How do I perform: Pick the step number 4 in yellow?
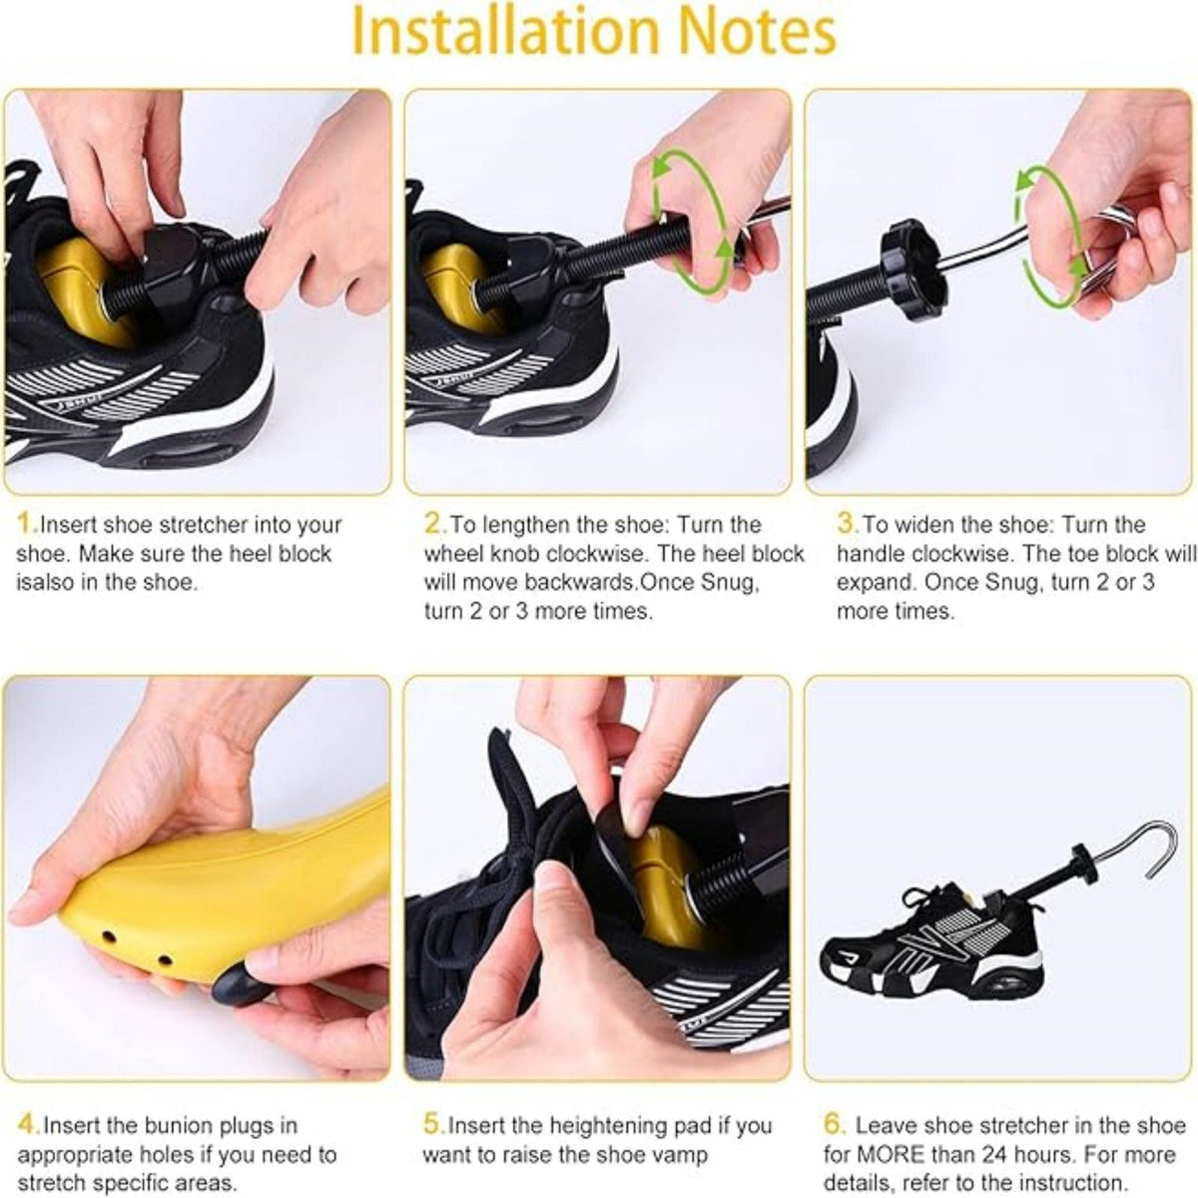point(27,1125)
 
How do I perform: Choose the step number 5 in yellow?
point(433,1125)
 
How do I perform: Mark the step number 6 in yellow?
point(834,1125)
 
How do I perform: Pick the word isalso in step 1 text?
point(46,582)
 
